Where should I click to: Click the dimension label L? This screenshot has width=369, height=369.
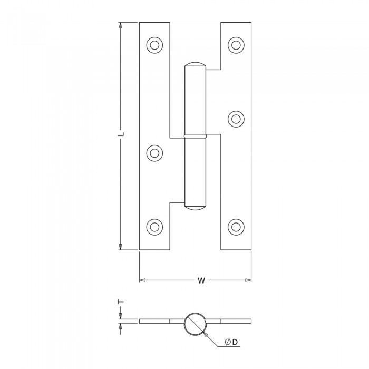coord(121,134)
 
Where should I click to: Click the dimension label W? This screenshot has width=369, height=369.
coord(201,280)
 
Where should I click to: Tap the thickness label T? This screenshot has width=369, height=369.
coord(121,302)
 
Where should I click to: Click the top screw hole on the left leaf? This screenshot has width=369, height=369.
coord(154,45)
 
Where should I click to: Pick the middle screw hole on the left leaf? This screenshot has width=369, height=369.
coord(154,153)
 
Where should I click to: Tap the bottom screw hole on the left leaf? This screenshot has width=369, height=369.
coord(154,227)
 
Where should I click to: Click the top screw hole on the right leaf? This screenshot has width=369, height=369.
coord(236,45)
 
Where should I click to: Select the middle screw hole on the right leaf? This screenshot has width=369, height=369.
coord(236,119)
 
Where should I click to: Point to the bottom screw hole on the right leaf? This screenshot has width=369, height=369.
coord(236,227)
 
